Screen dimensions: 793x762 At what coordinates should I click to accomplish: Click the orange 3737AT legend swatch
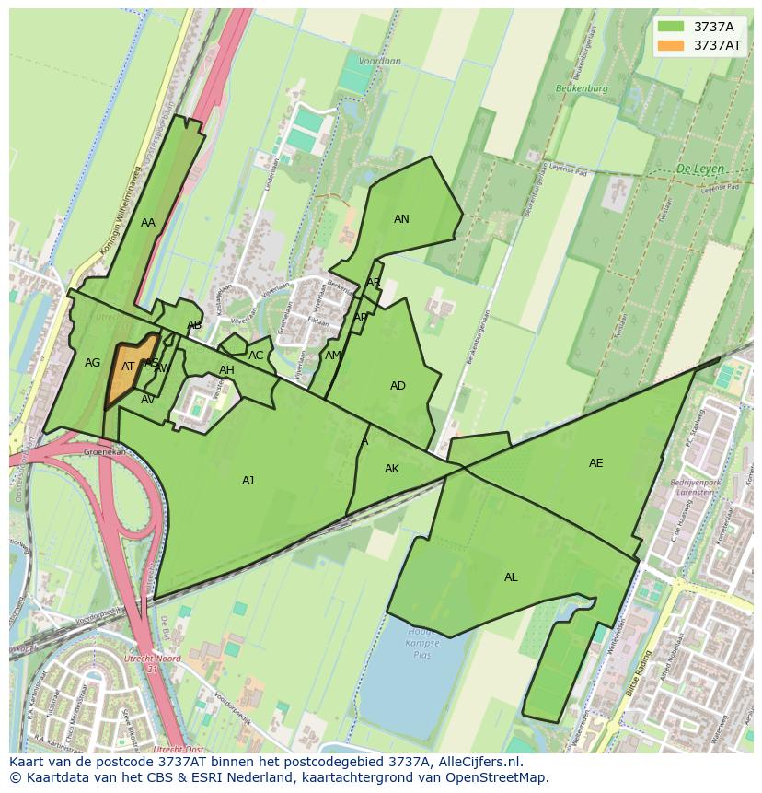click(671, 45)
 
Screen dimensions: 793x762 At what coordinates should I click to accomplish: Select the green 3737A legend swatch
click(671, 27)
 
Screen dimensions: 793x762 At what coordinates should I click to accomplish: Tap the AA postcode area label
click(148, 223)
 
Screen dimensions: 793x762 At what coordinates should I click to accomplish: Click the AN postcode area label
click(401, 219)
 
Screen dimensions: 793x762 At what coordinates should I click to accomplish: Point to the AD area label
click(398, 386)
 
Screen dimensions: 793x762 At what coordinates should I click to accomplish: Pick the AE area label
click(596, 463)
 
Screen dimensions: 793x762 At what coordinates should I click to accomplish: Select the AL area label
click(511, 577)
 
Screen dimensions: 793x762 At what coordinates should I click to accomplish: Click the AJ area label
click(248, 481)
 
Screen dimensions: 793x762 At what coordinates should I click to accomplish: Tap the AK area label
click(392, 469)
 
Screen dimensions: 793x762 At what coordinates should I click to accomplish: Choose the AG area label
click(92, 363)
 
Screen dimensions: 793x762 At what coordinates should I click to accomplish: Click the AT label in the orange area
click(128, 367)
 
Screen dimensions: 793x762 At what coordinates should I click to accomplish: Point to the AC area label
click(256, 356)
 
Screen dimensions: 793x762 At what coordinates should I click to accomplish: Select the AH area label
click(226, 371)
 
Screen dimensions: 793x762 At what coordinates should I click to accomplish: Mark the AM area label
click(333, 356)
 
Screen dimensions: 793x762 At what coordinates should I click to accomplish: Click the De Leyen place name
click(699, 169)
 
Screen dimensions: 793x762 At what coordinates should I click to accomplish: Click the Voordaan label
click(380, 62)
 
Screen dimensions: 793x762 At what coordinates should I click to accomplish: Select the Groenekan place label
click(104, 452)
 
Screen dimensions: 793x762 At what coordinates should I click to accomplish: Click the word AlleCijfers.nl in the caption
click(475, 763)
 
